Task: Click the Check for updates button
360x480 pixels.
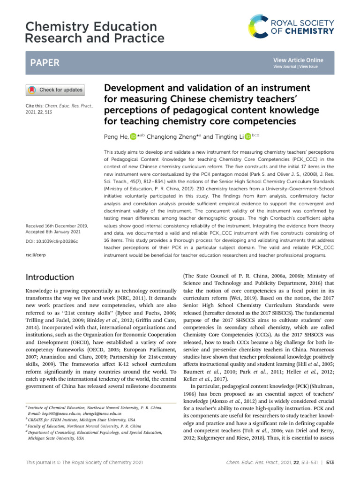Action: click(x=54, y=90)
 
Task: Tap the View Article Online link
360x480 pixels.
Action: click(x=298, y=60)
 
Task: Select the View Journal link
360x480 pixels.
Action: click(x=285, y=67)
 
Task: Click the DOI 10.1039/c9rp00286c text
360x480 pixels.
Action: click(x=52, y=241)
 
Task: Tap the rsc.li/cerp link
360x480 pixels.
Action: click(x=35, y=256)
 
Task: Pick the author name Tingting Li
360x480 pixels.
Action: click(x=229, y=137)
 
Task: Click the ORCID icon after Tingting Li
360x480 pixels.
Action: click(x=248, y=137)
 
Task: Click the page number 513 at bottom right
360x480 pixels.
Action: click(x=330, y=463)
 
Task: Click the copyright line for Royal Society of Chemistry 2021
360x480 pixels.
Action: click(x=83, y=463)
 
